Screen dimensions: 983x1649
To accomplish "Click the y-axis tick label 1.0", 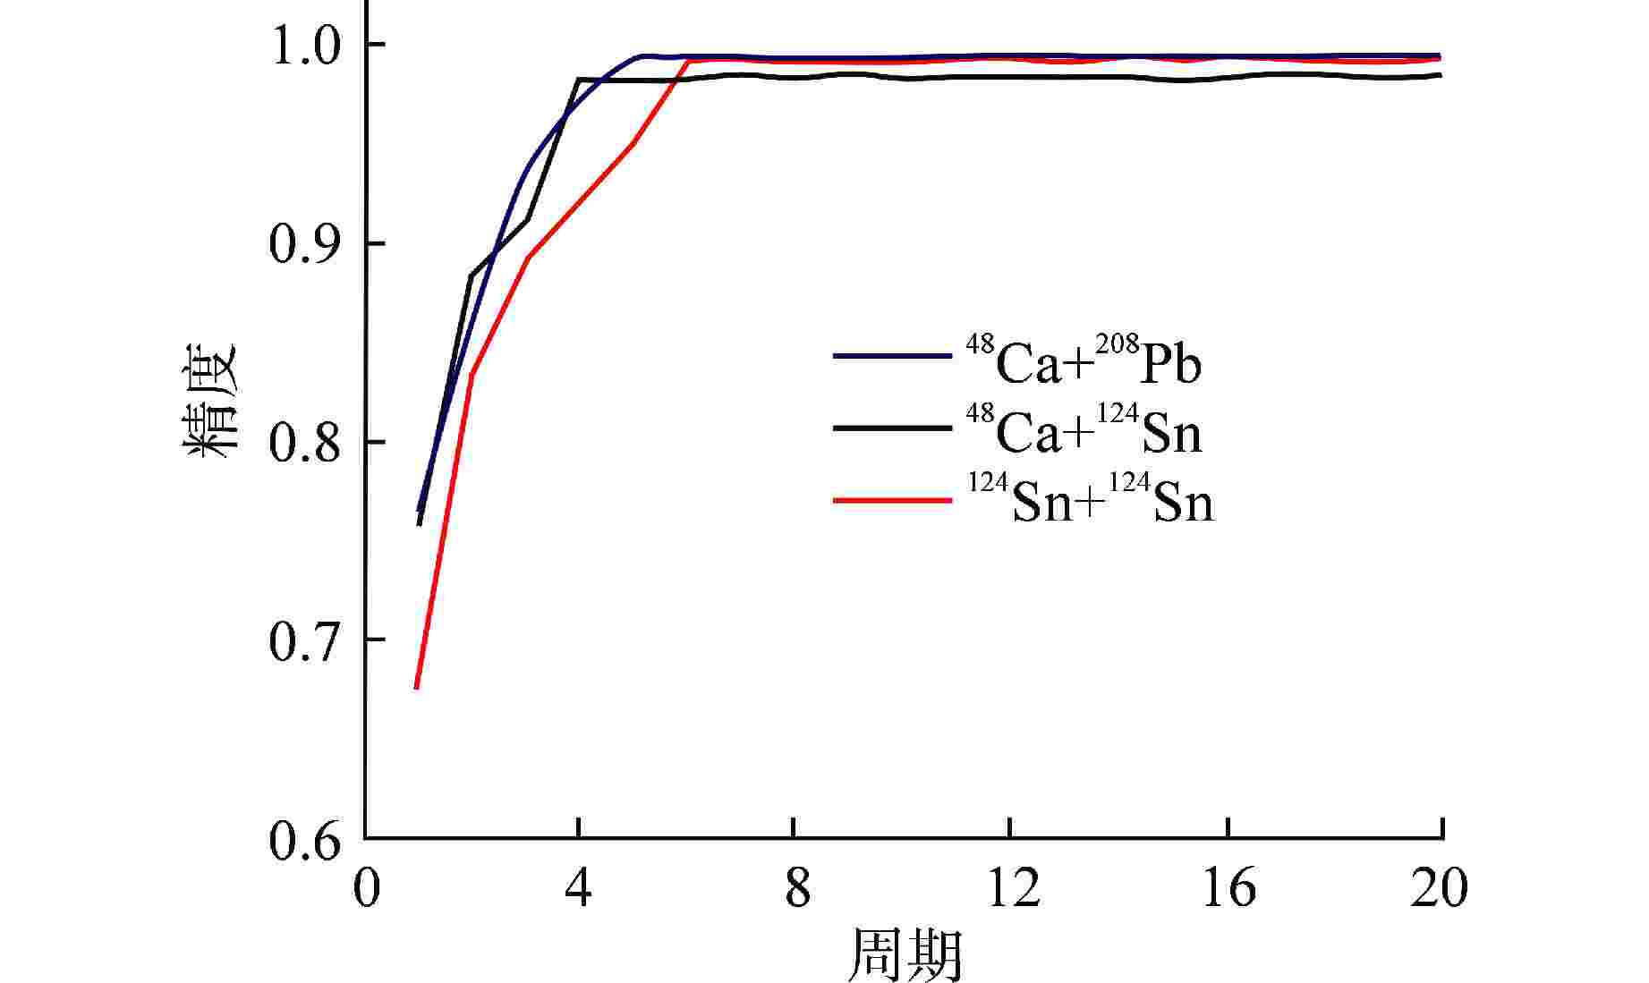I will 305,46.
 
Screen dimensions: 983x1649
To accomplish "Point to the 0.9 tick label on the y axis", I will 305,244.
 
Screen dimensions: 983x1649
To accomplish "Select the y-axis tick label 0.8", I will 305,443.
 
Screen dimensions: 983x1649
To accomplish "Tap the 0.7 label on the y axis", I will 305,641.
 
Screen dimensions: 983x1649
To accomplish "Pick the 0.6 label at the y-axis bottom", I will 305,841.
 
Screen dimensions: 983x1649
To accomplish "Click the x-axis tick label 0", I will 366,888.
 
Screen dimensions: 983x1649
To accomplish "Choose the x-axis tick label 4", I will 580,888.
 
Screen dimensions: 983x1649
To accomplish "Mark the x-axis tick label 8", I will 796,888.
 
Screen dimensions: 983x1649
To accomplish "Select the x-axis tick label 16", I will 1228,888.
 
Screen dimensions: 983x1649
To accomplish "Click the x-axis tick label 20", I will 1439,888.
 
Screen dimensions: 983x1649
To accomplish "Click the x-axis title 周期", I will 905,953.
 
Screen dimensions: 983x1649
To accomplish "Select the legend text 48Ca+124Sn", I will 1084,430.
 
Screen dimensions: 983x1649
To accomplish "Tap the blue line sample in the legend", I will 891,356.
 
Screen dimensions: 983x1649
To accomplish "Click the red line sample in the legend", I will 891,500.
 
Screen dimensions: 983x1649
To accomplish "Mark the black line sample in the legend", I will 891,428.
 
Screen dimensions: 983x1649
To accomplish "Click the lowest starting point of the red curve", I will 417,687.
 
